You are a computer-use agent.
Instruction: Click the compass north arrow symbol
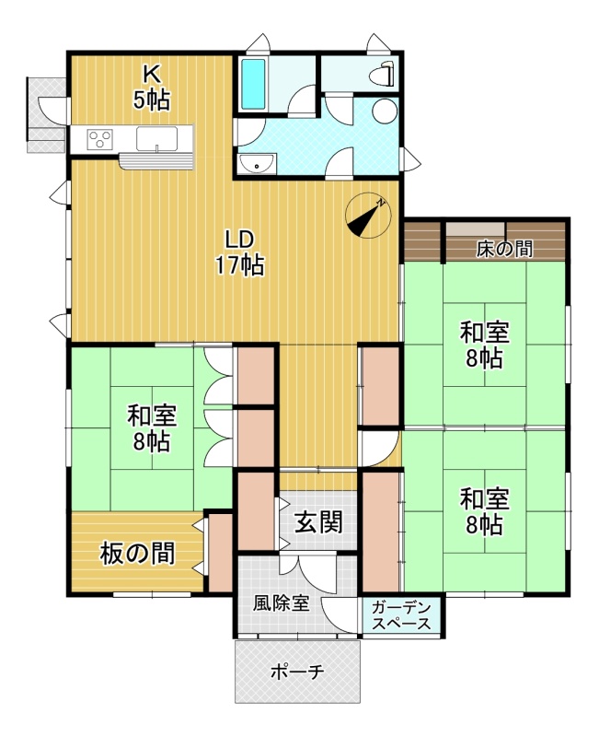pyautogui.click(x=368, y=216)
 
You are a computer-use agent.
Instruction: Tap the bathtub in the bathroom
pyautogui.click(x=254, y=85)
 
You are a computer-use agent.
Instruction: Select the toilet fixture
pyautogui.click(x=382, y=75)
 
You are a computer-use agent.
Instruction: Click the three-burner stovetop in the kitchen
pyautogui.click(x=100, y=139)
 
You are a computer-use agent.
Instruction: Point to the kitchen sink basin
pyautogui.click(x=157, y=138)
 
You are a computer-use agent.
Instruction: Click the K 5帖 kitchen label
pyautogui.click(x=152, y=88)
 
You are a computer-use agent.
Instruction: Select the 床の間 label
pyautogui.click(x=504, y=249)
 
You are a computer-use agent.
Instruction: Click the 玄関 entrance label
pyautogui.click(x=318, y=521)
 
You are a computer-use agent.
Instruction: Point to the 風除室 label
pyautogui.click(x=282, y=603)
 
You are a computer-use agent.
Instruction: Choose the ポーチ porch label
pyautogui.click(x=297, y=673)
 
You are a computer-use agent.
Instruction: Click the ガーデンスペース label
pyautogui.click(x=401, y=615)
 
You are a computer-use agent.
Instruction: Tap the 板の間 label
pyautogui.click(x=137, y=554)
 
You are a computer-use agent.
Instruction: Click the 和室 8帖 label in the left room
pyautogui.click(x=152, y=428)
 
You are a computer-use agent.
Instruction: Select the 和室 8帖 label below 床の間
pyautogui.click(x=485, y=345)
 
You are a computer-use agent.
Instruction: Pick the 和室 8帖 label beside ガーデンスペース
pyautogui.click(x=485, y=511)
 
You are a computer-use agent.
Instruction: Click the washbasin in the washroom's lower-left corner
pyautogui.click(x=257, y=164)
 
